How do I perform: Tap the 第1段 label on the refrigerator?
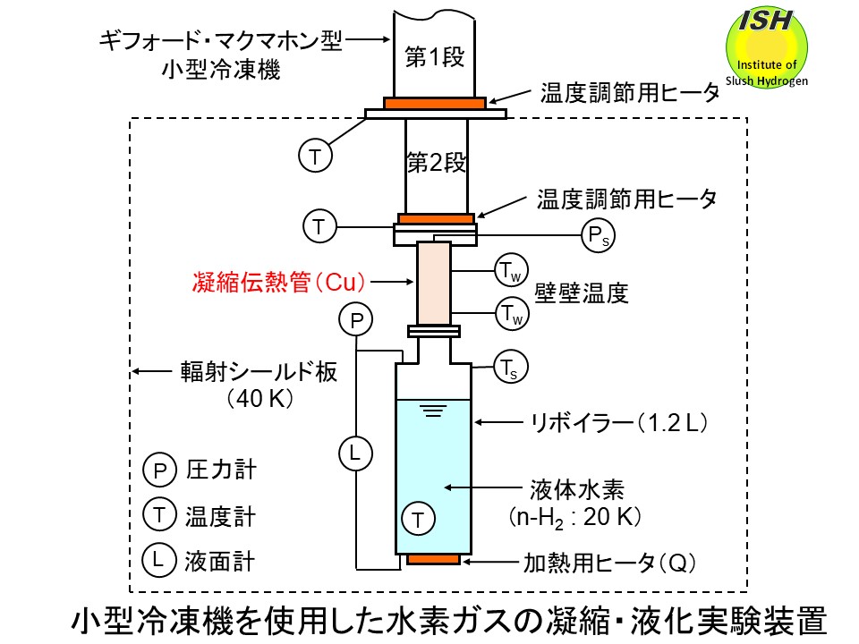click(x=435, y=58)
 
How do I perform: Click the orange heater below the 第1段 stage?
click(x=435, y=103)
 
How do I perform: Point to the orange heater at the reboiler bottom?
click(x=434, y=560)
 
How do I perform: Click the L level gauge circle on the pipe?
click(x=354, y=453)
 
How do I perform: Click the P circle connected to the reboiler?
click(x=355, y=318)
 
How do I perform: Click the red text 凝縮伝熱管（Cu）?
click(x=280, y=283)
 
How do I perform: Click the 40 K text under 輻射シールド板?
click(x=259, y=397)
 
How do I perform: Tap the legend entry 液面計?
click(x=220, y=561)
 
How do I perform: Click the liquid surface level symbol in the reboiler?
click(x=434, y=411)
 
